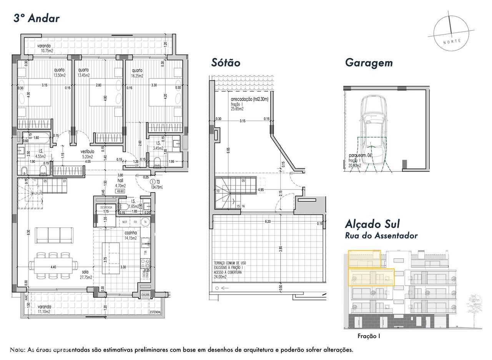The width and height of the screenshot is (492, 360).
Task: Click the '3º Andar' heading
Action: pyautogui.click(x=37, y=18)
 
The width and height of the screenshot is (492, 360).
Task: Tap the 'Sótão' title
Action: pyautogui.click(x=226, y=63)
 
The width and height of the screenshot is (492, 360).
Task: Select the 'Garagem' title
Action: pyautogui.click(x=369, y=63)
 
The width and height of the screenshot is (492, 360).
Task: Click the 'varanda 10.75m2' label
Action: pyautogui.click(x=45, y=48)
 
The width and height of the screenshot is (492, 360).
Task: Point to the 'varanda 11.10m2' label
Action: pyautogui.click(x=45, y=309)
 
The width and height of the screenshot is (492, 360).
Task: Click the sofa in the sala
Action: pyautogui.click(x=55, y=235)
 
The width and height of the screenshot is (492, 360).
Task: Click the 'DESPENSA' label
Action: pyautogui.click(x=105, y=207)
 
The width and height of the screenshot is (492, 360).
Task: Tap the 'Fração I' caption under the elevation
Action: pyautogui.click(x=369, y=336)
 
